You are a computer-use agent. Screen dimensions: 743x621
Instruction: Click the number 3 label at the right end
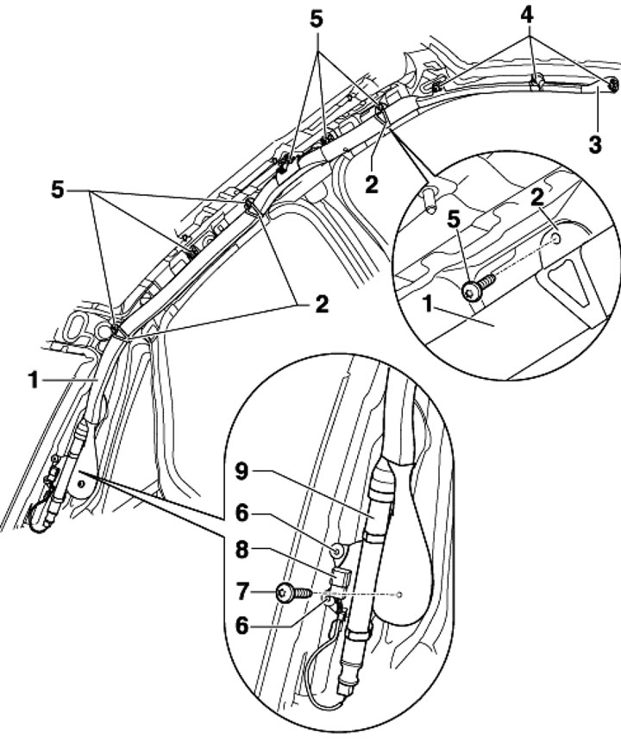pos(595,142)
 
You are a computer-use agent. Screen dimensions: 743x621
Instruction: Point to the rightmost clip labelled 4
pos(612,85)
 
